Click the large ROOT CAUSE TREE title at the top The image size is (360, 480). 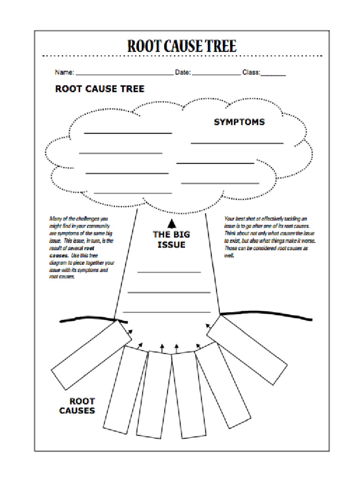(x=182, y=46)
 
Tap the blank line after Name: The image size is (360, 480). (x=124, y=75)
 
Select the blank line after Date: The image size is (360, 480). (x=216, y=75)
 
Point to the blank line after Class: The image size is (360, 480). (x=273, y=75)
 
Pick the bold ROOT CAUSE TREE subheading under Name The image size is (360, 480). (x=100, y=89)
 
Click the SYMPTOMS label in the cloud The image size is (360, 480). (x=239, y=122)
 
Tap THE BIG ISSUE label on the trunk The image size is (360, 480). (x=172, y=240)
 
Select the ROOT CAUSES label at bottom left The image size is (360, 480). (x=77, y=406)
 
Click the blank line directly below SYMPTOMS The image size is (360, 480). (x=237, y=143)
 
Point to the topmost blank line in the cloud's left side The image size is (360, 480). (x=128, y=134)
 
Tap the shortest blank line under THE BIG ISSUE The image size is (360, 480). (x=169, y=272)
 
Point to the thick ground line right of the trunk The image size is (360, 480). (x=267, y=315)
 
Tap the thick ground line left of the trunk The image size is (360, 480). (x=89, y=319)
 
